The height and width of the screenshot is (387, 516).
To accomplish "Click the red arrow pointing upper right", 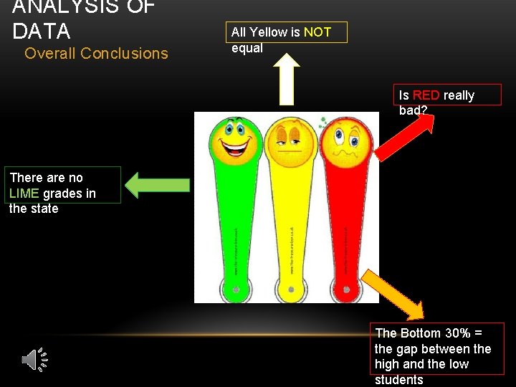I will (x=405, y=136).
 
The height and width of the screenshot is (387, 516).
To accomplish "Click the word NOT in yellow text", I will (x=317, y=32).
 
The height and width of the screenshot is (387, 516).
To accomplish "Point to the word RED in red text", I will (x=426, y=95).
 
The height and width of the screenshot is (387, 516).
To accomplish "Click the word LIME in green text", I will (x=24, y=193).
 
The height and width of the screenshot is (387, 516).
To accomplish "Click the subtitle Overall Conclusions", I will (x=96, y=53).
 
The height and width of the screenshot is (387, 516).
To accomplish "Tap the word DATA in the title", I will (x=42, y=32).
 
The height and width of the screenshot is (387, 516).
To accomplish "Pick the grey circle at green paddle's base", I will (x=236, y=290).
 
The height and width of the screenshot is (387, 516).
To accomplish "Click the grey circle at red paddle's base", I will (x=345, y=290).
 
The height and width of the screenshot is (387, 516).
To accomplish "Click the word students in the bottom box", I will (x=399, y=380).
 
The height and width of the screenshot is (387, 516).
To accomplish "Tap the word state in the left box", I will (x=44, y=209).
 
